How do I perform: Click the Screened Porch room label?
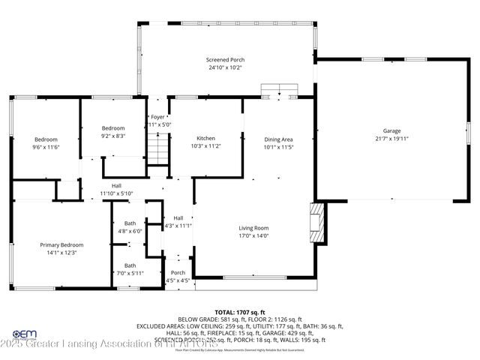point(226,60)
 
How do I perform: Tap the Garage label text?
point(391,130)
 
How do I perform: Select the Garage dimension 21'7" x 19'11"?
point(391,139)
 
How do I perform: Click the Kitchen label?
point(206,139)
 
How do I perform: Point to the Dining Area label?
point(277,139)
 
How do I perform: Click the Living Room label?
point(253,228)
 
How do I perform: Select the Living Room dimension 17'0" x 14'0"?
point(253,236)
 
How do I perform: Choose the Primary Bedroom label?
point(61,244)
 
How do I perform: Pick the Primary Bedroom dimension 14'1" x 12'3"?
point(61,253)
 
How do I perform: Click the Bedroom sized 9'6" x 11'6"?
point(45,143)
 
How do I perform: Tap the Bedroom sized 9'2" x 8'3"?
point(113,132)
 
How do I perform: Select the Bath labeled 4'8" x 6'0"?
point(130,227)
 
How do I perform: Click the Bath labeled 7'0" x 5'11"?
point(130,269)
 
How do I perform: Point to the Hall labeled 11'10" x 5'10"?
point(116,190)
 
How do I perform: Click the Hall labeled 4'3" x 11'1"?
point(178,222)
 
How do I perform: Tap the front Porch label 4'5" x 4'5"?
point(178,277)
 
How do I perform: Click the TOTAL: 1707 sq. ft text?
point(240,312)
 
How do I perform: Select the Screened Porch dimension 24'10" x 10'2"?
point(226,68)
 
